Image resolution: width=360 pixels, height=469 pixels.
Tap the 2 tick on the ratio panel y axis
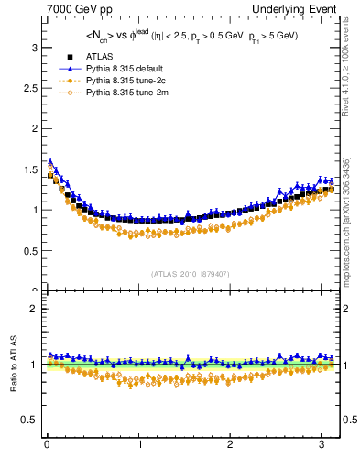pos(34,309)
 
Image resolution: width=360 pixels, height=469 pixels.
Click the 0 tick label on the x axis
pos(47,445)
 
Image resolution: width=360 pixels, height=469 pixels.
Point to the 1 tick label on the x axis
pos(138,445)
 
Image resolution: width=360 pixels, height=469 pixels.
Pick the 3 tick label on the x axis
pos(322,445)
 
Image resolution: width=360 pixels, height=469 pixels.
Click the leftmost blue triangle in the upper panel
pos(50,161)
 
